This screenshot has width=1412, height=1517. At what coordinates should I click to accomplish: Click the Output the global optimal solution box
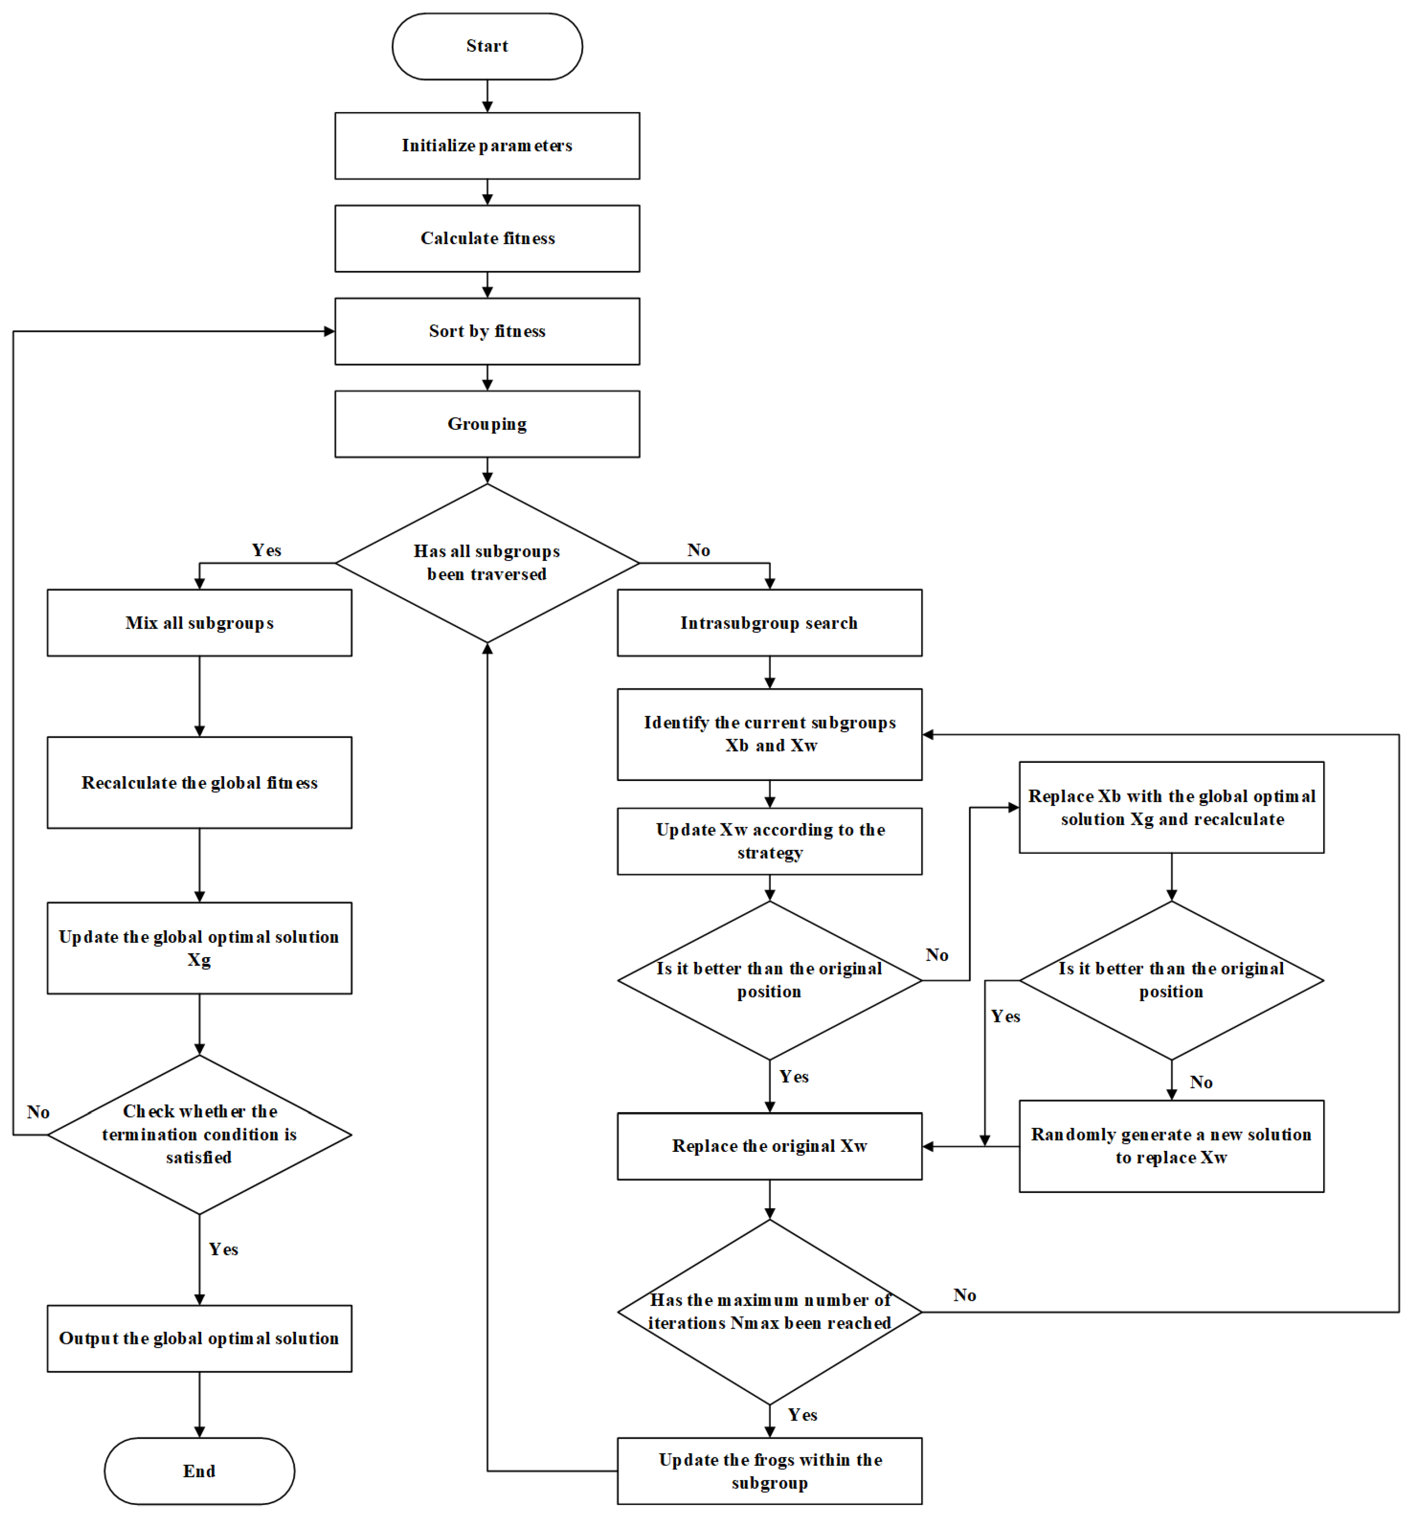tap(199, 1338)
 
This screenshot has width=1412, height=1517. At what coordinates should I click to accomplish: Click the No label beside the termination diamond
tap(38, 1112)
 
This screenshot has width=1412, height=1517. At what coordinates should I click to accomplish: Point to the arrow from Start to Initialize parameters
tap(487, 96)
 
